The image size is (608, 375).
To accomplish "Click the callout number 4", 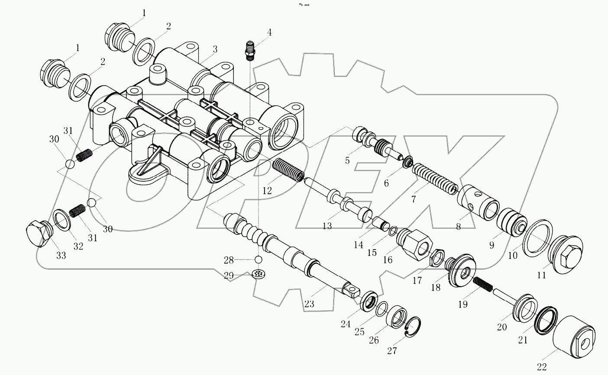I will coord(269,32).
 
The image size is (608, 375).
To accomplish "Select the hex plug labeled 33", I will coord(38,234).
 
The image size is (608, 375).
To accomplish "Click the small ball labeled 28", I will coord(259,259).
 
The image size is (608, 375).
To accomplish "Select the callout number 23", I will coord(309,304).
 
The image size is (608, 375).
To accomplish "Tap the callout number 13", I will coord(327,225).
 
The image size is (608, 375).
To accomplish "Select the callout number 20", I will coord(501,327).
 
